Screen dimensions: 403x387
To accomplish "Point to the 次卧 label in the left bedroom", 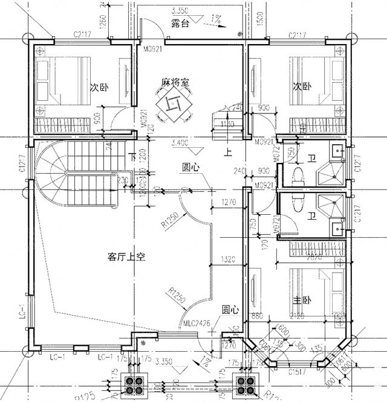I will (x=99, y=87).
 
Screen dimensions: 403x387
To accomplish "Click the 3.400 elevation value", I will (x=181, y=144).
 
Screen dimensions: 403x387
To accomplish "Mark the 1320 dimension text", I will (x=227, y=260).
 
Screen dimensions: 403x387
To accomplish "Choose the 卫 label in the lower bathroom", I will (x=311, y=215).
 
